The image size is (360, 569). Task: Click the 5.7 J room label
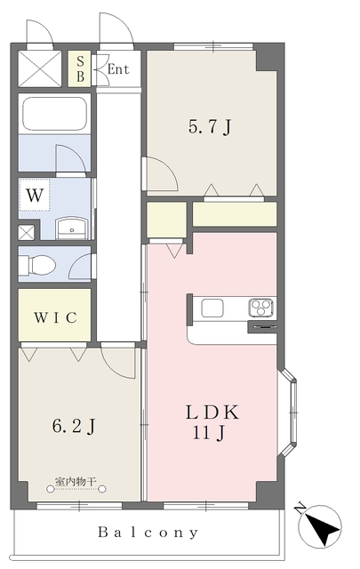coord(210,127)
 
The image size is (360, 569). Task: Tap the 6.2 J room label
coord(74,426)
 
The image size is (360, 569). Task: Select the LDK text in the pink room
coord(212,413)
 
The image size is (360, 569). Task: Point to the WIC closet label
coord(55,317)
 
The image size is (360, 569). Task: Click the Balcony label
coord(148,533)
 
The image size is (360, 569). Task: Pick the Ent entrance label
coord(118,69)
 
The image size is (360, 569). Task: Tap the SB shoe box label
coord(80,69)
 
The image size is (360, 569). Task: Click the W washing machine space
coord(35,196)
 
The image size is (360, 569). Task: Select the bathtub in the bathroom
coord(54,113)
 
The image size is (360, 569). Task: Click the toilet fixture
coord(36,264)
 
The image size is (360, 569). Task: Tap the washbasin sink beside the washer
coord(72,228)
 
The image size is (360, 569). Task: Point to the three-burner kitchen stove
coord(261,308)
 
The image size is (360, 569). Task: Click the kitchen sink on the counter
coord(212,309)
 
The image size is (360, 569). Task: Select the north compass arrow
coord(319,525)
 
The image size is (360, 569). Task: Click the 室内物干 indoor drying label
coord(76,482)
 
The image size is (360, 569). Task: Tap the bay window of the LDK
coord(287,413)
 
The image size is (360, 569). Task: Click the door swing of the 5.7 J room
coord(162,173)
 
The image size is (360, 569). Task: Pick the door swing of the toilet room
coord(80,266)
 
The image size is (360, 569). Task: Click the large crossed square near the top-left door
coord(40,68)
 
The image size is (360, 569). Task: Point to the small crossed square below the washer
coord(27,232)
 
